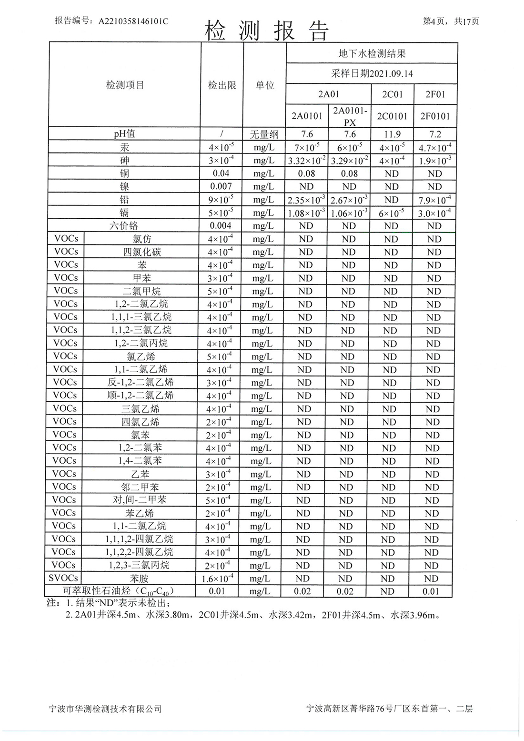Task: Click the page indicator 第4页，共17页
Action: [x=451, y=21]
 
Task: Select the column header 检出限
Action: [x=222, y=85]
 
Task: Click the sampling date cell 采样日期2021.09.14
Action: [x=372, y=74]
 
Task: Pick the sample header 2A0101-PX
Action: [x=350, y=116]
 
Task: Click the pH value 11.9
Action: [x=392, y=134]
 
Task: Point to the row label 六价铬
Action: [x=124, y=226]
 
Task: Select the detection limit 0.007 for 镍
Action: [x=221, y=187]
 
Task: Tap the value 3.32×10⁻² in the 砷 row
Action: [x=307, y=161]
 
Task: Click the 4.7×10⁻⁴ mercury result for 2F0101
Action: [x=434, y=148]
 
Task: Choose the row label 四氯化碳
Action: [x=142, y=252]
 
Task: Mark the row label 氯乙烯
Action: [x=141, y=356]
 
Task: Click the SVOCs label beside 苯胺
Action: [x=64, y=578]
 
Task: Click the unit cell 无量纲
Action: [x=264, y=134]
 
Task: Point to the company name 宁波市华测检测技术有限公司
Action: [x=106, y=709]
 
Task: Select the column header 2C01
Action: [x=392, y=94]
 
